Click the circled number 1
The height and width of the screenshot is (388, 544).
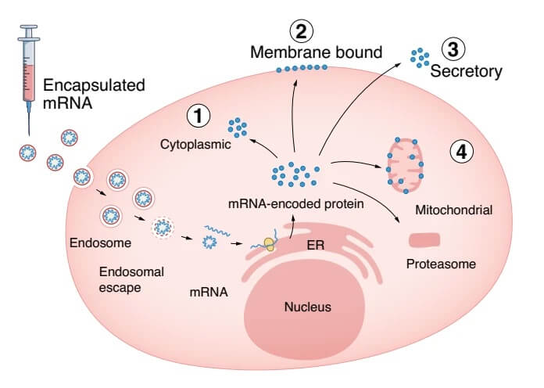[x=199, y=116]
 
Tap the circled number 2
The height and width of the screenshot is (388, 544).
[x=301, y=31]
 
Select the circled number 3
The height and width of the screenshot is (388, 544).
[x=453, y=48]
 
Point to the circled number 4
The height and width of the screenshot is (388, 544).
[x=462, y=152]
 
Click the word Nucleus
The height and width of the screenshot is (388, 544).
[x=308, y=307]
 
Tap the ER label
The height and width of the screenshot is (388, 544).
[x=316, y=245]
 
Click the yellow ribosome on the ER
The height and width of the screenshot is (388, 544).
[x=270, y=244]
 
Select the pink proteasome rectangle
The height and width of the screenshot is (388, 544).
[x=424, y=240]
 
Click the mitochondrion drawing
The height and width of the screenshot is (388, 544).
[x=405, y=165]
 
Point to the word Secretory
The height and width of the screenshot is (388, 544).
[x=467, y=71]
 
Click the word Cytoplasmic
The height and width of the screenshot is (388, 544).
[x=195, y=145]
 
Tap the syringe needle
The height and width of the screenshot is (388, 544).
[x=29, y=119]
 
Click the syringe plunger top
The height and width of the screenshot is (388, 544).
[x=29, y=27]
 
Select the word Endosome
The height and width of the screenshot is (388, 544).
[x=100, y=242]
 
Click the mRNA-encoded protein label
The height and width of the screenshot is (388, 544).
[x=296, y=204]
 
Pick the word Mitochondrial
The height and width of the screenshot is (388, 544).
[x=454, y=210]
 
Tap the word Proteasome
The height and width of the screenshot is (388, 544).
[x=441, y=264]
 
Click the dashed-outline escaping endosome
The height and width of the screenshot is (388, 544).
[x=162, y=228]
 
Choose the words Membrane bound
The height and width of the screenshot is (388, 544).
[x=316, y=52]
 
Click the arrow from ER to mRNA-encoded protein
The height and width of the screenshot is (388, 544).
[x=292, y=227]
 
